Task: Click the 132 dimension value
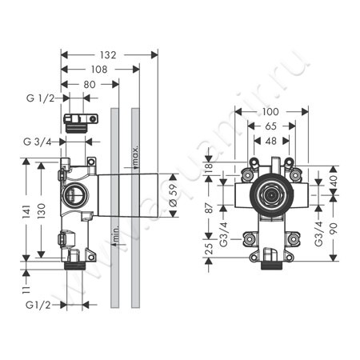[109, 55]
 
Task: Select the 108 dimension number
[99, 70]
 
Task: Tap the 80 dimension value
[90, 84]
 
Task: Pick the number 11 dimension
[26, 283]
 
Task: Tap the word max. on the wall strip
[137, 150]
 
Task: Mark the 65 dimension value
[272, 126]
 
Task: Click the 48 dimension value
[272, 140]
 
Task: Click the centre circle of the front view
[272, 195]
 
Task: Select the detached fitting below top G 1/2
[79, 122]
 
